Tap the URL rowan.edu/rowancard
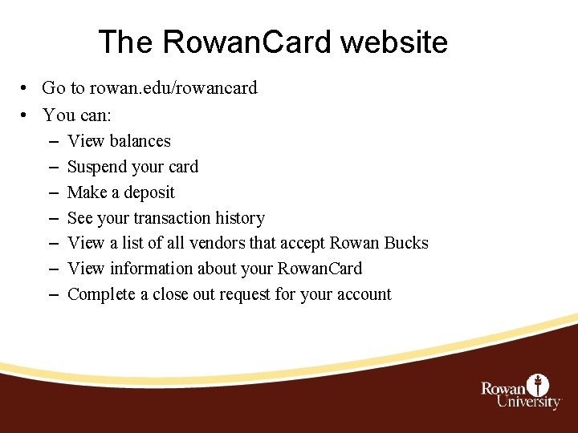(x=173, y=88)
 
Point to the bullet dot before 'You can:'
(x=26, y=115)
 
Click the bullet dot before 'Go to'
(x=26, y=88)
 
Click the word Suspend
(x=98, y=167)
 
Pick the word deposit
(x=148, y=192)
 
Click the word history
(x=238, y=218)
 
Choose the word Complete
(x=102, y=294)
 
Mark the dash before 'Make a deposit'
(x=52, y=192)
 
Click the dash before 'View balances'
(x=52, y=141)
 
